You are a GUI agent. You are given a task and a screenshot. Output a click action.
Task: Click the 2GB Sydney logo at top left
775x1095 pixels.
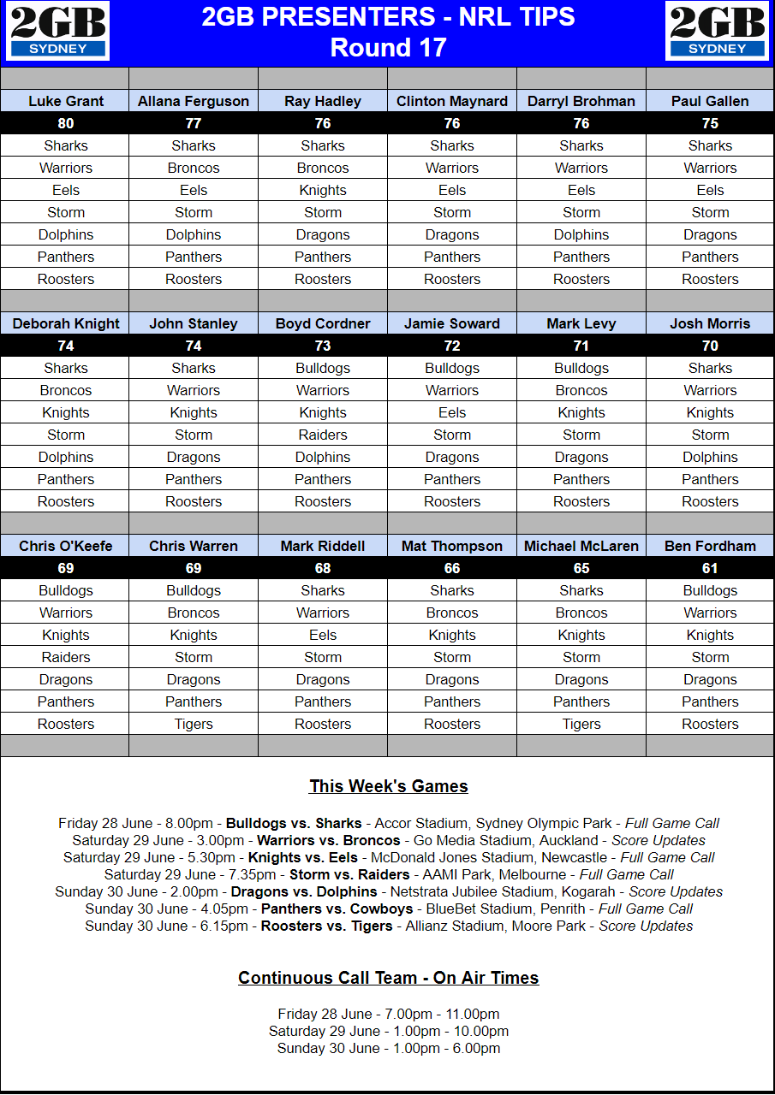58,32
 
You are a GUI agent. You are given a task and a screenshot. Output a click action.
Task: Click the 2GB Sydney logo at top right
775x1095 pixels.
718,32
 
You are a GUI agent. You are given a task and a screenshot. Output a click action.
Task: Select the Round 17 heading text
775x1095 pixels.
388,47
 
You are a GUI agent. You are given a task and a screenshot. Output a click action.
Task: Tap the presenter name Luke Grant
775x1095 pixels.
66,101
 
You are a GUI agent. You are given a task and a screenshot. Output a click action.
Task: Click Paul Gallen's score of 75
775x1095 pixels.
710,123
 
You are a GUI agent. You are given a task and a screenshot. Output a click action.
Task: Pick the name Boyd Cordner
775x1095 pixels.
323,323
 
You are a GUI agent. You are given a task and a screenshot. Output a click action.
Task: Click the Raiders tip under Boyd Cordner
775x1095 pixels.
323,435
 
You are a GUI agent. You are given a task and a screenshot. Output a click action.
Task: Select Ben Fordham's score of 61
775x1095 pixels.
710,568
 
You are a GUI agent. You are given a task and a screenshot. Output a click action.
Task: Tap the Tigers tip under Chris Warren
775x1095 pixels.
194,724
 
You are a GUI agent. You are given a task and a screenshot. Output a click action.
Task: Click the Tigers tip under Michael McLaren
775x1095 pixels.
581,724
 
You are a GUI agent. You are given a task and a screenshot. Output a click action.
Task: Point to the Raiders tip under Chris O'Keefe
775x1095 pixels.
66,657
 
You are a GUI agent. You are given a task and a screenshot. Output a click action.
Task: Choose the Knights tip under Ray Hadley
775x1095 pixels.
323,190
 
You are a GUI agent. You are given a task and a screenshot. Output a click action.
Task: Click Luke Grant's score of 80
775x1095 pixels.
66,123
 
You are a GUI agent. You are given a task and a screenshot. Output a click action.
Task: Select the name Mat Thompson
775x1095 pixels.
452,546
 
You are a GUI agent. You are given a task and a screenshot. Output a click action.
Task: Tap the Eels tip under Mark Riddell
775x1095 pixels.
323,635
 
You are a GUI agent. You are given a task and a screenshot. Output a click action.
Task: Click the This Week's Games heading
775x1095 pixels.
388,786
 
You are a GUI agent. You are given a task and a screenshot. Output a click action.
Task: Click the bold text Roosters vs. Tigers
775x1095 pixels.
326,926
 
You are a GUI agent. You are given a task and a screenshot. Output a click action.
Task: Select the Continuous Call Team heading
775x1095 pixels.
388,978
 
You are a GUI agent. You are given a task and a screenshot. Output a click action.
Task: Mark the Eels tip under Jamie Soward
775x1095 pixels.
452,412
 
